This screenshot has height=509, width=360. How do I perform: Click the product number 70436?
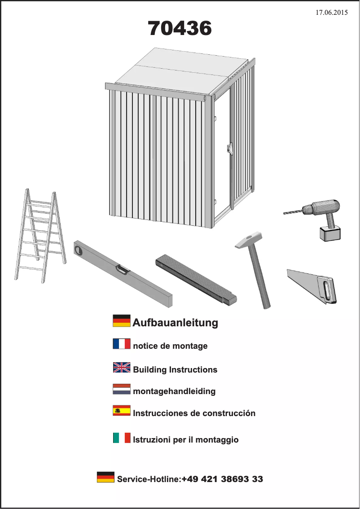pyautogui.click(x=180, y=29)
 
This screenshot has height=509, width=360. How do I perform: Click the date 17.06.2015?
pyautogui.click(x=331, y=13)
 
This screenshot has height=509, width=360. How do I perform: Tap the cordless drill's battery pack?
pyautogui.click(x=330, y=233)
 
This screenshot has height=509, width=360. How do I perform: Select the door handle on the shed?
pyautogui.click(x=230, y=148)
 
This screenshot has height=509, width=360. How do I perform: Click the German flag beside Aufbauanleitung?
pyautogui.click(x=122, y=321)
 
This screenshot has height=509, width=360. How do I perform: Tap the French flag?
pyautogui.click(x=122, y=344)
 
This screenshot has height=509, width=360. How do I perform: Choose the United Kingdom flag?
pyautogui.click(x=122, y=368)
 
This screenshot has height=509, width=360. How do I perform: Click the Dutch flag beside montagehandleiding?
pyautogui.click(x=122, y=389)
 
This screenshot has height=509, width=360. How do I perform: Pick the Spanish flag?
pyautogui.click(x=122, y=411)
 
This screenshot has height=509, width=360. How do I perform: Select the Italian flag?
pyautogui.click(x=122, y=438)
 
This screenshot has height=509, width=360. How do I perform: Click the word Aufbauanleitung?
pyautogui.click(x=175, y=323)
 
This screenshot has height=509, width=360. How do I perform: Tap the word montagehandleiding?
pyautogui.click(x=174, y=391)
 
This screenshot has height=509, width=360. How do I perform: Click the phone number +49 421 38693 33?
pyautogui.click(x=222, y=479)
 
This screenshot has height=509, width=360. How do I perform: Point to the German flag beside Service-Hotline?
pyautogui.click(x=105, y=477)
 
